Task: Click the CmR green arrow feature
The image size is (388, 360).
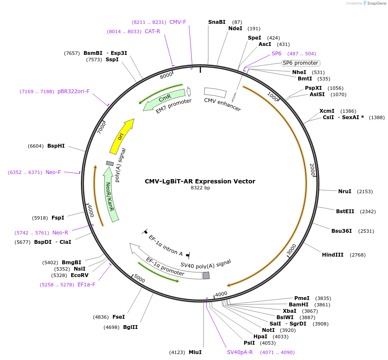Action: [164, 99]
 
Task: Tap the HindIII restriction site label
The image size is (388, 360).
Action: [333, 255]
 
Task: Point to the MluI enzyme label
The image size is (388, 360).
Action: [195, 352]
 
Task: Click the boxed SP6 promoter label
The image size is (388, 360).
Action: [300, 63]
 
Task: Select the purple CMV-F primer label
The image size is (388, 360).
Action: [178, 22]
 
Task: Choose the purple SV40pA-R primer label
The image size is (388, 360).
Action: [240, 352]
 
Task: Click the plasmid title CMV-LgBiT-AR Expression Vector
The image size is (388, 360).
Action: [200, 181]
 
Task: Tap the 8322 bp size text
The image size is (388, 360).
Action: [200, 188]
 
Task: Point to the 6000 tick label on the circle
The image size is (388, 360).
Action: [90, 210]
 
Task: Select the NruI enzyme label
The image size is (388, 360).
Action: [345, 191]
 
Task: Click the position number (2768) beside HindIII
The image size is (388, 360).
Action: [357, 255]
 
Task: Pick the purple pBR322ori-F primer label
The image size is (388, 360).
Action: [74, 91]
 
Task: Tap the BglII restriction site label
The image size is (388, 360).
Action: [130, 327]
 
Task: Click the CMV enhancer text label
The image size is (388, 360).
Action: [222, 105]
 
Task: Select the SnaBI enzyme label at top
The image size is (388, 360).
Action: [217, 22]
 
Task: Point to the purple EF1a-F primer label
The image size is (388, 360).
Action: [86, 285]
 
